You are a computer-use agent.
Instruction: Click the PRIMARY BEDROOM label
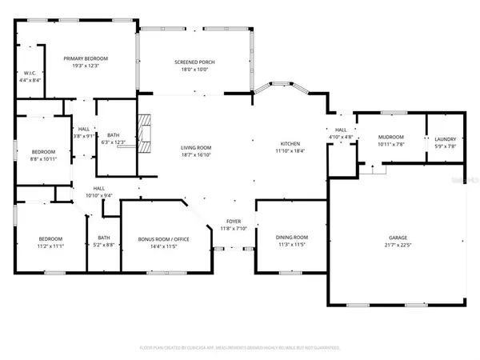pyautogui.click(x=86, y=58)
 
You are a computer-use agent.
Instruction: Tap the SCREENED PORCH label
pyautogui.click(x=192, y=62)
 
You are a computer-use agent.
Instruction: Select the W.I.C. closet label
pyautogui.click(x=30, y=73)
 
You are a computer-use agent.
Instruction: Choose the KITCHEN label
pyautogui.click(x=290, y=142)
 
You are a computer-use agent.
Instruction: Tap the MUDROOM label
pyautogui.click(x=390, y=137)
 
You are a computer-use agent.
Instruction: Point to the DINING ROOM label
pyautogui.click(x=292, y=238)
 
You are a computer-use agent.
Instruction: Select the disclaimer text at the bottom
pyautogui.click(x=240, y=348)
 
